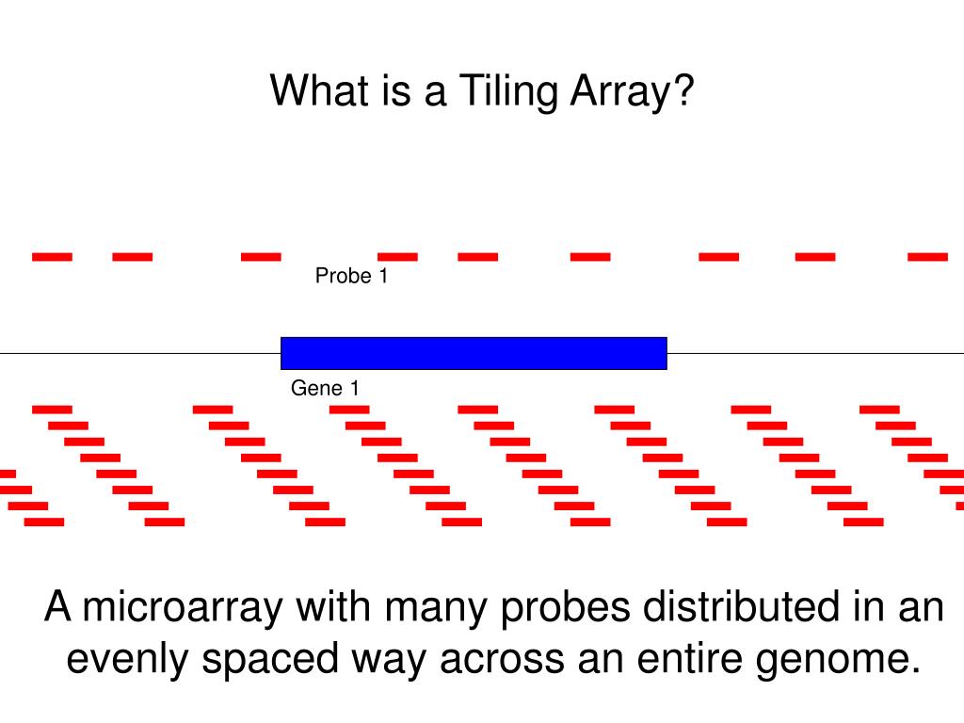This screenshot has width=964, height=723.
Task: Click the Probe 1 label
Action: coord(351,277)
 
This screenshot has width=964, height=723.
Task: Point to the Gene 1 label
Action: coord(325,388)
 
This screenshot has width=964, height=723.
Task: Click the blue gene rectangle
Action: coord(474,353)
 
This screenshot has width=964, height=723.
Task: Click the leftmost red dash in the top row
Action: coord(52,255)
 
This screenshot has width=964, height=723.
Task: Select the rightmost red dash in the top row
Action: coord(927,255)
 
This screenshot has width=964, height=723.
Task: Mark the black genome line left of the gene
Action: coord(141,353)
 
